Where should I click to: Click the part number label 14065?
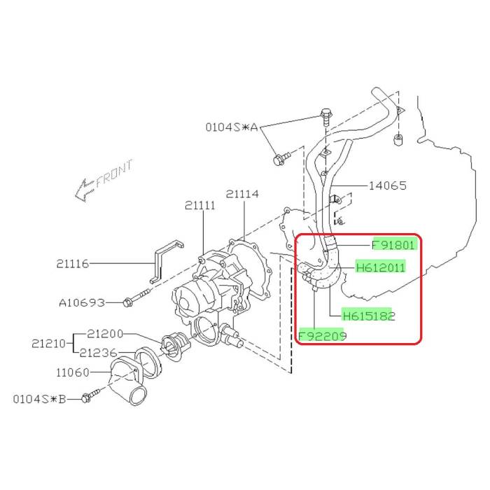tap(388, 185)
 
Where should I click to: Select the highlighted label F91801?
tap(394, 245)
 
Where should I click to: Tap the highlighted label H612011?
tap(381, 267)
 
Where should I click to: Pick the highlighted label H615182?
tap(369, 316)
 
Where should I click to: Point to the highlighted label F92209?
tap(323, 336)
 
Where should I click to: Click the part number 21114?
tap(242, 194)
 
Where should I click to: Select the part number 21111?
tap(200, 206)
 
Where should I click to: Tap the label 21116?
tap(73, 264)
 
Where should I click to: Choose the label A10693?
tap(82, 302)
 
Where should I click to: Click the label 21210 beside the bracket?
tap(48, 344)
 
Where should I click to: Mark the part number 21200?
tap(105, 334)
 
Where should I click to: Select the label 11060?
tap(73, 372)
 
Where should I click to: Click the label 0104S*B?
tap(39, 399)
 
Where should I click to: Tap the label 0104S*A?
tap(232, 127)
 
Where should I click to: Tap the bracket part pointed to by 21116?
tap(167, 261)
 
